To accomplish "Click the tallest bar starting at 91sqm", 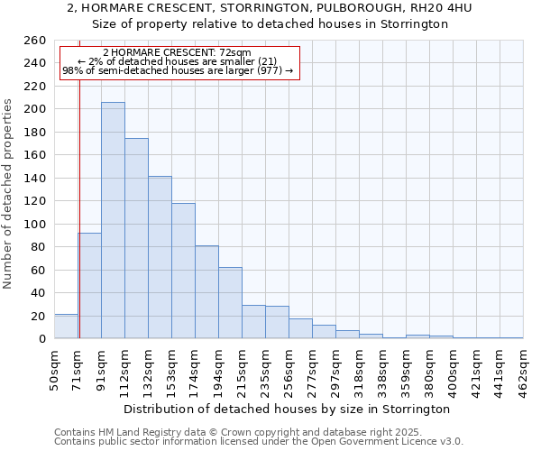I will tap(113, 220).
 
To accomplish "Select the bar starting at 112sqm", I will tap(136, 238).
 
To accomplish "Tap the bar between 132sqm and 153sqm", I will tap(160, 257).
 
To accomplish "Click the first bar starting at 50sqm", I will tap(66, 327).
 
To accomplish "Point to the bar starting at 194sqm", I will tap(230, 303).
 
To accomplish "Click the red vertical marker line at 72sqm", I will tap(79, 198).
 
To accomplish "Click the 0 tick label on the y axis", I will tap(42, 339).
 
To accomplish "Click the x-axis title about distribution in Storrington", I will tap(288, 409).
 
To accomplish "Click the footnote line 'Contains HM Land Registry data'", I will tap(251, 432).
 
